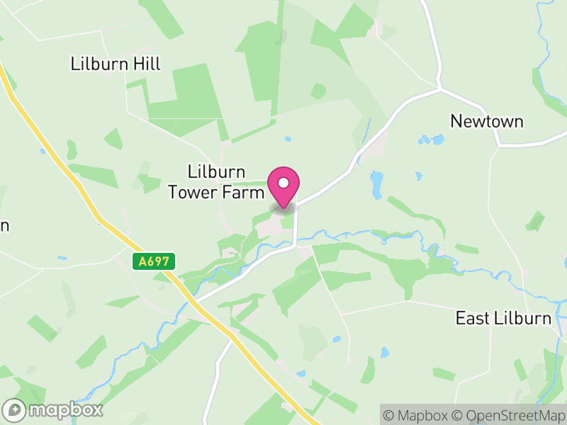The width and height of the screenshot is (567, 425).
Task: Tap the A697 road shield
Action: [x=154, y=261]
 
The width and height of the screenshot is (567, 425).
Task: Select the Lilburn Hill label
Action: [x=116, y=64]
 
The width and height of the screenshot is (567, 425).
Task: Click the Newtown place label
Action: [x=487, y=121]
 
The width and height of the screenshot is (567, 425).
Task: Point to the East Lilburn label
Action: [x=503, y=318]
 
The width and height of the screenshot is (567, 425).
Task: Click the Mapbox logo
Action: [x=53, y=409]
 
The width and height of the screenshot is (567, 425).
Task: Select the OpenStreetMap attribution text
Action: [x=510, y=415]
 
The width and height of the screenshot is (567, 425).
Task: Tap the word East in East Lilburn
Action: [x=472, y=318]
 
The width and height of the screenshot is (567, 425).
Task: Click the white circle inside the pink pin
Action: [x=283, y=183]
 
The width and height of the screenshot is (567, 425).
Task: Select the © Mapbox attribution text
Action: [x=416, y=415]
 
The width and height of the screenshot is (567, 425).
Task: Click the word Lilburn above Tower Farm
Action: [x=216, y=172]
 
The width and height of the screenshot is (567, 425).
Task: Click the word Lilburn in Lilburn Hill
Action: [x=99, y=64]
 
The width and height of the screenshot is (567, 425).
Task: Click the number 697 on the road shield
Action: [x=158, y=261]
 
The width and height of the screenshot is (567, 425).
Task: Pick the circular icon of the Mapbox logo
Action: [x=14, y=409]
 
